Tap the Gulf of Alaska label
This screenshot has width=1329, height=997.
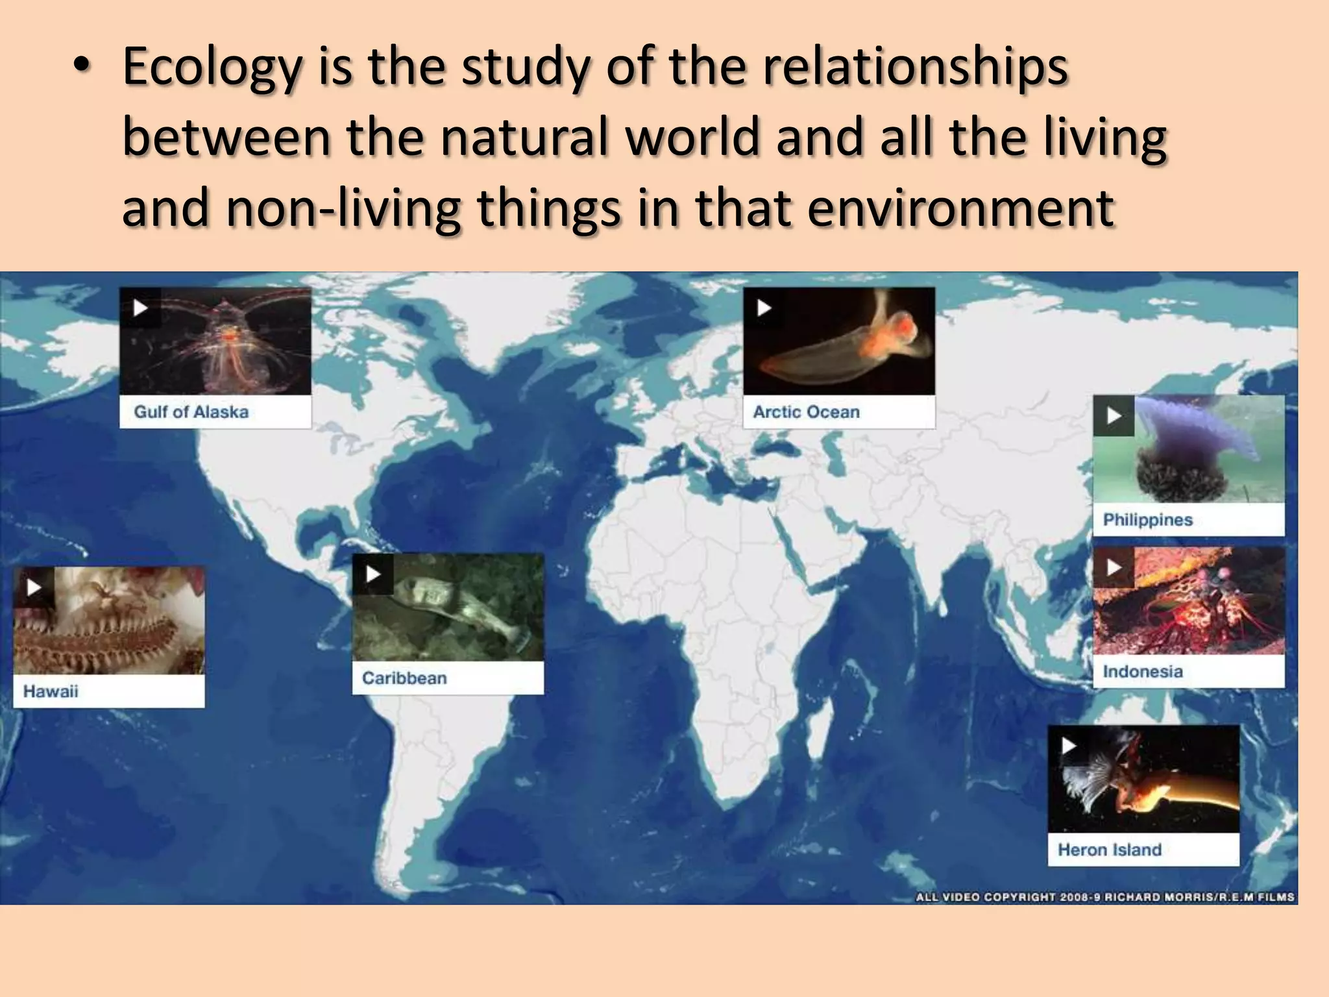pyautogui.click(x=191, y=412)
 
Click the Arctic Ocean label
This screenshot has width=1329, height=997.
pyautogui.click(x=806, y=412)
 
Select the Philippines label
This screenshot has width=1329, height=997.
pyautogui.click(x=1148, y=520)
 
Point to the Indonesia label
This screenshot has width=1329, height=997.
pyautogui.click(x=1143, y=672)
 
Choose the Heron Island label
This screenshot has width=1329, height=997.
pyautogui.click(x=1110, y=850)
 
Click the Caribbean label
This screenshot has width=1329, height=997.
pyautogui.click(x=404, y=678)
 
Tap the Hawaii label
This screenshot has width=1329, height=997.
pyautogui.click(x=51, y=691)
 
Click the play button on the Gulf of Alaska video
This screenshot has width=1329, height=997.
pyautogui.click(x=140, y=308)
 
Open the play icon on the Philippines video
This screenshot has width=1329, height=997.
pyautogui.click(x=1114, y=415)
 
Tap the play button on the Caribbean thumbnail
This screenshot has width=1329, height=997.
pyautogui.click(x=373, y=574)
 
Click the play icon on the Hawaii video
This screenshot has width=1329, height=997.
pyautogui.click(x=34, y=587)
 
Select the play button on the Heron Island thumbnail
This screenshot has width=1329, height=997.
pyautogui.click(x=1068, y=746)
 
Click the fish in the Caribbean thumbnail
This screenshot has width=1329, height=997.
pyautogui.click(x=454, y=610)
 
